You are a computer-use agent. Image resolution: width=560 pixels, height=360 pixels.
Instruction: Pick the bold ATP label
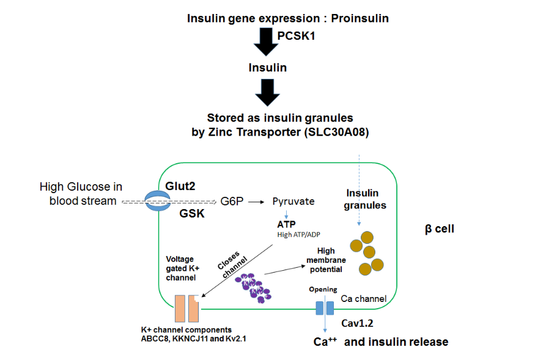[286, 225]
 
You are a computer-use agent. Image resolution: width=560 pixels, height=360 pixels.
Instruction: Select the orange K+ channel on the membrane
[187, 308]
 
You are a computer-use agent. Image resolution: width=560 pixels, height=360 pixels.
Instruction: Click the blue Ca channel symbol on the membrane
[325, 307]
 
